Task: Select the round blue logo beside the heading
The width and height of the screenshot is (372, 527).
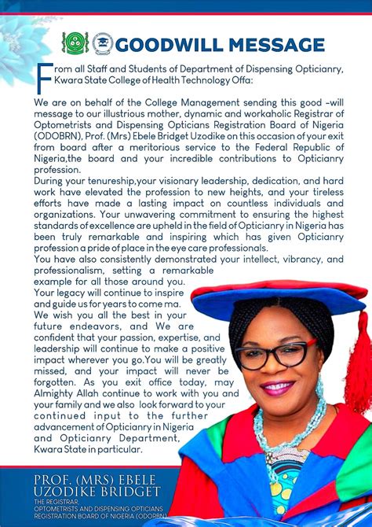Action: pos(102,43)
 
